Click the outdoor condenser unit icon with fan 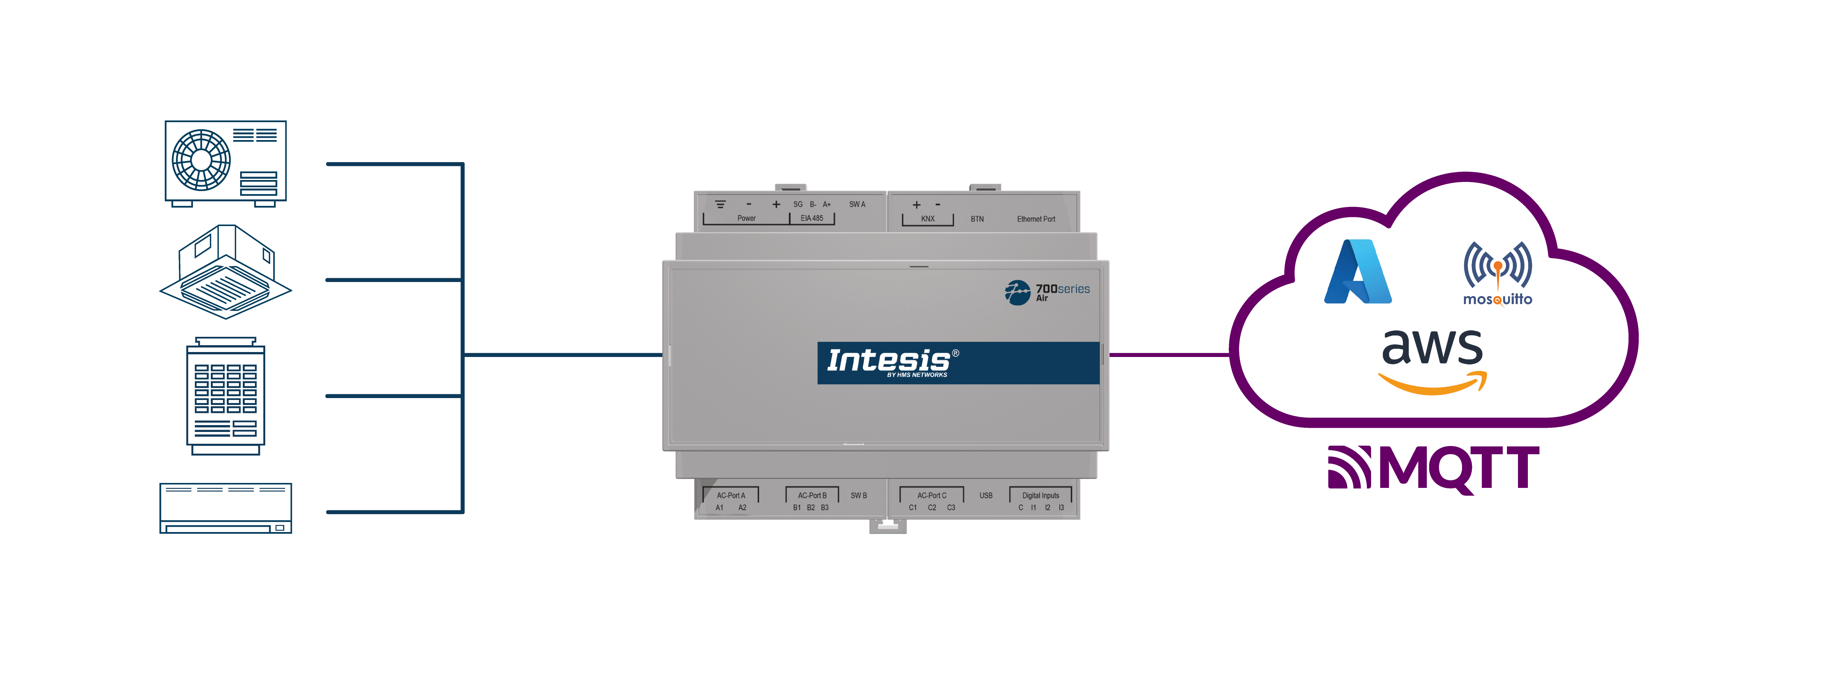pyautogui.click(x=225, y=163)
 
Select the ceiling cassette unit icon pyautogui.click(x=225, y=272)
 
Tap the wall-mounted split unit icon pyautogui.click(x=225, y=508)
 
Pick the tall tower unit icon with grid pyautogui.click(x=225, y=396)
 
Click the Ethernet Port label pyautogui.click(x=1036, y=219)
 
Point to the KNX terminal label pyautogui.click(x=928, y=219)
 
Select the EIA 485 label pyautogui.click(x=812, y=218)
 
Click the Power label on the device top pyautogui.click(x=746, y=218)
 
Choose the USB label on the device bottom pyautogui.click(x=986, y=495)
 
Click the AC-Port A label pyautogui.click(x=731, y=496)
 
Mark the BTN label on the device pyautogui.click(x=977, y=219)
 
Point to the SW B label pyautogui.click(x=858, y=495)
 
